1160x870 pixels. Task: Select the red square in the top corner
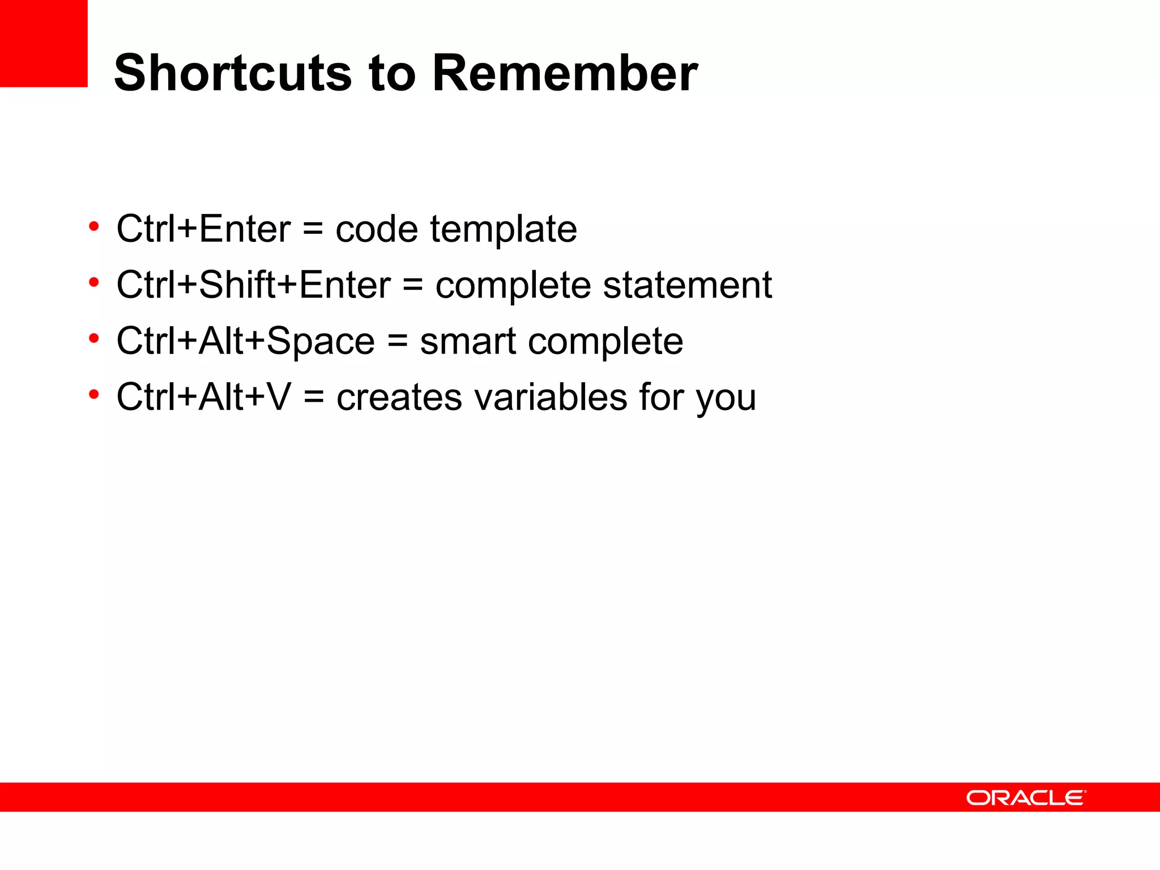(x=44, y=43)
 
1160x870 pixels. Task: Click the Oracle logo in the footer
(x=1026, y=797)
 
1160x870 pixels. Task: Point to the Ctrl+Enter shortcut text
(x=203, y=229)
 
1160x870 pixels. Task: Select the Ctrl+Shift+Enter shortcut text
(x=253, y=284)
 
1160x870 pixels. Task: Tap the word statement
(x=687, y=285)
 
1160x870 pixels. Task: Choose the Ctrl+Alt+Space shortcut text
(x=245, y=341)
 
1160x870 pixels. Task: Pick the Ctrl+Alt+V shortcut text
(x=203, y=396)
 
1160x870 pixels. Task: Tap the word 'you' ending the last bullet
(x=726, y=399)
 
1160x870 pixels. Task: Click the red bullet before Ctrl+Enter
(x=94, y=227)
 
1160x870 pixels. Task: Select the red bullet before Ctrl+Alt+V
(x=94, y=394)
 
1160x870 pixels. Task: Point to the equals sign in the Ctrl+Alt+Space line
(x=398, y=342)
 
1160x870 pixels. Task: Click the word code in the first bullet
(x=377, y=229)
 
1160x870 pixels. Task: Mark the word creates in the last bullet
(x=399, y=398)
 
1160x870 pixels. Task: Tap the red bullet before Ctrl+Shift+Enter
(x=94, y=282)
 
